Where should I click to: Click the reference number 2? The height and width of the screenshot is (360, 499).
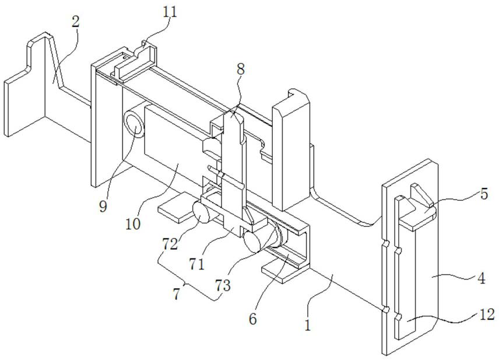click(x=76, y=22)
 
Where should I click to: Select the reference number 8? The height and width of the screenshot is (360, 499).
click(x=241, y=68)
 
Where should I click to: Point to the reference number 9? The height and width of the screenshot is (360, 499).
click(x=103, y=206)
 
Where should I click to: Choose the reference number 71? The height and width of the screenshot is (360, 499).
click(x=197, y=264)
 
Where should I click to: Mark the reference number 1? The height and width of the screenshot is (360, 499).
click(x=308, y=324)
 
